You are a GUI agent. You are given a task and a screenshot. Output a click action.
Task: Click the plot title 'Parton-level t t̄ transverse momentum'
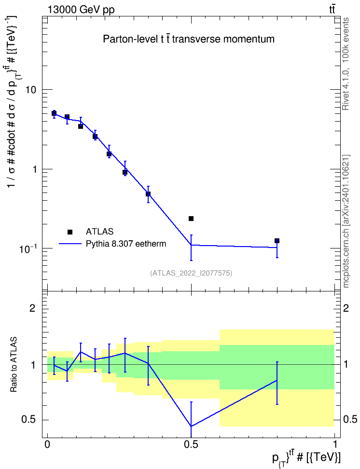(189, 39)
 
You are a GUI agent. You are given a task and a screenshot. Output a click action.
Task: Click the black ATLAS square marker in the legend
(70, 232)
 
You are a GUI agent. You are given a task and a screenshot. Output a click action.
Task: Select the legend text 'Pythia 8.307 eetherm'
(126, 244)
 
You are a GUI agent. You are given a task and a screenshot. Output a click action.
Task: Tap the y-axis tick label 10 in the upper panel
(31, 90)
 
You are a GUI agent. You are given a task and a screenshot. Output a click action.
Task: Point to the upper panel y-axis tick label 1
(34, 169)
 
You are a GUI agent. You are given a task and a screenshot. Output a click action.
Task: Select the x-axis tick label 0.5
(191, 444)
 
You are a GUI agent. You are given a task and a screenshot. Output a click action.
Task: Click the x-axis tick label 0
(47, 444)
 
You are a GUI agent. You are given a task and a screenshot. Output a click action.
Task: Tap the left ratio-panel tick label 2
(32, 308)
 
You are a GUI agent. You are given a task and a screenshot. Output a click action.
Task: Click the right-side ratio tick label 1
(346, 365)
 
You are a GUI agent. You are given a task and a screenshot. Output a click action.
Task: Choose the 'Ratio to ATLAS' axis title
(13, 365)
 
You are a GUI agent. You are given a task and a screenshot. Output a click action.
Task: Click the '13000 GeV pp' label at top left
(81, 10)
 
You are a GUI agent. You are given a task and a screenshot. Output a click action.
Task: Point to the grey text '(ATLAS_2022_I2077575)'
(191, 273)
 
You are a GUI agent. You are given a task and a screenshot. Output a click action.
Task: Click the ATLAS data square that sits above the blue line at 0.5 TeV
(191, 219)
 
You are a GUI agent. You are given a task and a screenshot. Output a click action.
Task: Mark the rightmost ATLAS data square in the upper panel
(277, 241)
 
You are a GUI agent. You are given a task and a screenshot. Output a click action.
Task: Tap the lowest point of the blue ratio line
(191, 426)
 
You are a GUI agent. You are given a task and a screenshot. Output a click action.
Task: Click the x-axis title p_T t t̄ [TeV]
(306, 458)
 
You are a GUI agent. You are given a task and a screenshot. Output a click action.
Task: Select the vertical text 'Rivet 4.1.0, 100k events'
(346, 64)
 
